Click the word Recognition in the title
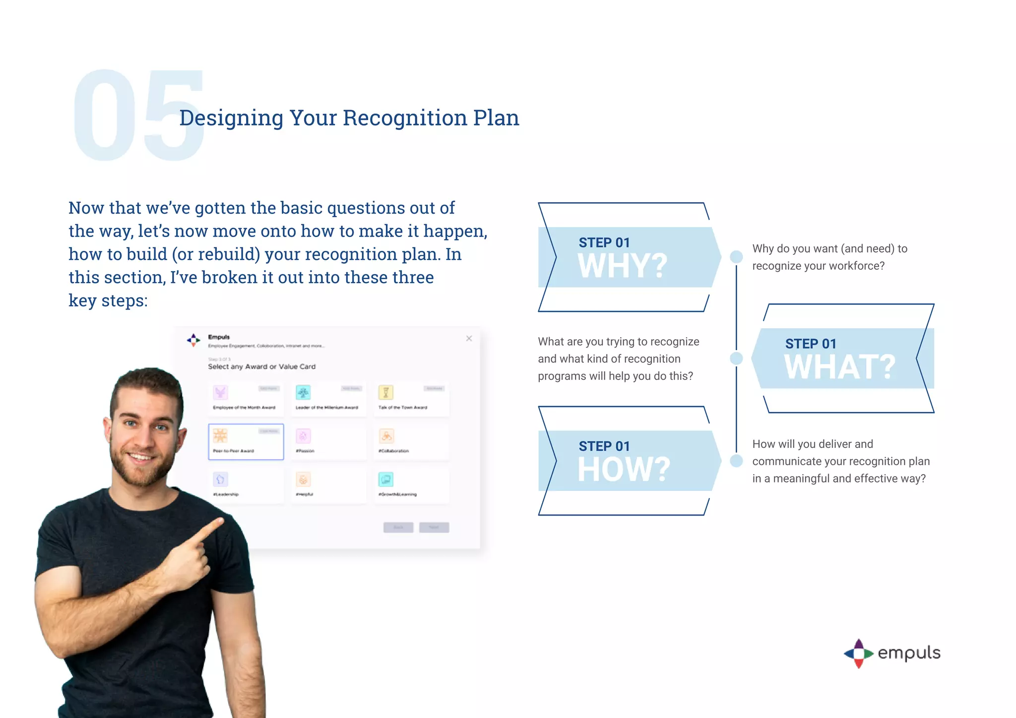404,118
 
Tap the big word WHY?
622,266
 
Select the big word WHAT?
839,367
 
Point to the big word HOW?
624,469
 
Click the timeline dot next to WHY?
736,257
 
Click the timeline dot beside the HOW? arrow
736,461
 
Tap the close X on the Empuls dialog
469,338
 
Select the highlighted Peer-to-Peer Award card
246,441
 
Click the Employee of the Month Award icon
220,392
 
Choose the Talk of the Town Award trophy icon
385,392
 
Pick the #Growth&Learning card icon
385,479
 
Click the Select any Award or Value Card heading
261,366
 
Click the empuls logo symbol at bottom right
858,654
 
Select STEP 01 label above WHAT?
810,344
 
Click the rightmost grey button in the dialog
434,527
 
